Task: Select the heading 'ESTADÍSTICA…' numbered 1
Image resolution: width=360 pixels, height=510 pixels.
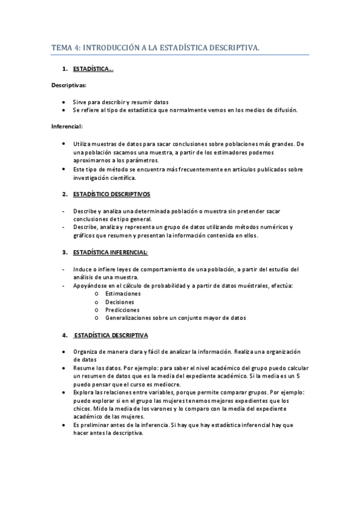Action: [x=93, y=70]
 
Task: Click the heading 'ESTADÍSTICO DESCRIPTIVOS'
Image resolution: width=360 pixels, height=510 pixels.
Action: [x=112, y=195]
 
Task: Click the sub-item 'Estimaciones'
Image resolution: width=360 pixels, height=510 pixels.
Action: [x=123, y=293]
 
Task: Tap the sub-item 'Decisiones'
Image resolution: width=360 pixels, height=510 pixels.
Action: [x=120, y=301]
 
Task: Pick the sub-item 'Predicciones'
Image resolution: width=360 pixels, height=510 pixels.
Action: [x=123, y=310]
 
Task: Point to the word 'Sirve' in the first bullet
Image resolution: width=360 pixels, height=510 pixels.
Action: [x=81, y=102]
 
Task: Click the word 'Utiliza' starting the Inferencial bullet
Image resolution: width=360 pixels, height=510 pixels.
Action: [x=82, y=145]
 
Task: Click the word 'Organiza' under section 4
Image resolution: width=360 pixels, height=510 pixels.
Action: [x=86, y=352]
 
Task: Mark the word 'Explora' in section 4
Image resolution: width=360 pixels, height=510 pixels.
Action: [x=84, y=392]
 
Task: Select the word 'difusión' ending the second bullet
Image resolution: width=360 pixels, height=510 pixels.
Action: [x=284, y=110]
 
